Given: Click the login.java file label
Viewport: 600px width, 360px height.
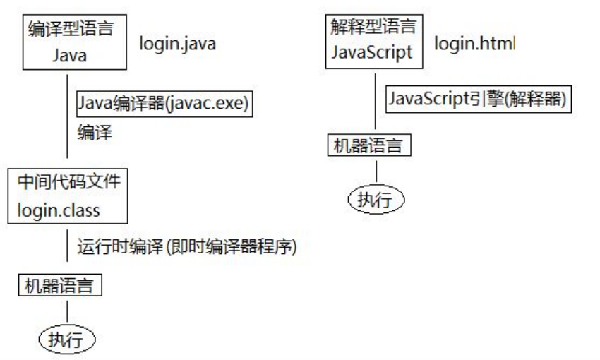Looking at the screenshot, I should [177, 44].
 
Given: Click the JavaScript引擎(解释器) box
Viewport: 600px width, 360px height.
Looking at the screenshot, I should [477, 100].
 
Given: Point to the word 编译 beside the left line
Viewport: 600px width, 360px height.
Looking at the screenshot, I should [94, 132].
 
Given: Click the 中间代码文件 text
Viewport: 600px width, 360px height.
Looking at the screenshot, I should [68, 181].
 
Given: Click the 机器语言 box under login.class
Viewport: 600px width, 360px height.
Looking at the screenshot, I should [60, 285].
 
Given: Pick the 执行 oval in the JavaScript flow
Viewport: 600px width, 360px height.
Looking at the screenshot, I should [377, 199].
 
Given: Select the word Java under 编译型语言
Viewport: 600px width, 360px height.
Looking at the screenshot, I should [68, 55].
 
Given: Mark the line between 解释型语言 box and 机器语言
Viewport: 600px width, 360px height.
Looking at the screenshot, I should [374, 102].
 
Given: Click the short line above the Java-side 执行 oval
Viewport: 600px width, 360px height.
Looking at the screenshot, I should [67, 311].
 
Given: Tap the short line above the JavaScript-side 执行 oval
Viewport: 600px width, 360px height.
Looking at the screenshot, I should [377, 170].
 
